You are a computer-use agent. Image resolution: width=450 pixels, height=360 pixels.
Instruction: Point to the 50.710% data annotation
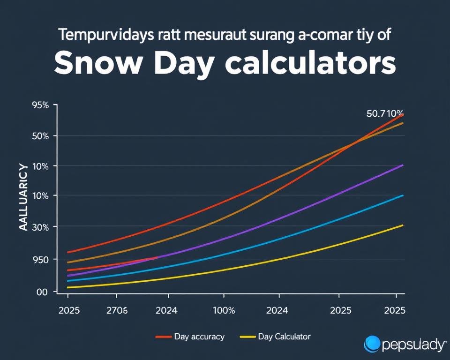(x=384, y=113)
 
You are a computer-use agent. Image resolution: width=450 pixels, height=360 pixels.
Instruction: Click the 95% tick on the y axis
(x=40, y=105)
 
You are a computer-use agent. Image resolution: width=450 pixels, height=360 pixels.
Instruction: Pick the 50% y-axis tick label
(x=40, y=136)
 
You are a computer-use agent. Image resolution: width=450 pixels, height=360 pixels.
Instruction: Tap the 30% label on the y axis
(x=40, y=227)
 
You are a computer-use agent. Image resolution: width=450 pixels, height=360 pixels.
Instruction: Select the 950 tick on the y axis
(x=40, y=259)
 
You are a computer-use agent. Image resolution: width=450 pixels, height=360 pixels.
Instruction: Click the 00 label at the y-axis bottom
(x=42, y=292)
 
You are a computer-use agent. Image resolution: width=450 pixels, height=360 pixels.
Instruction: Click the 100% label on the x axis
(x=224, y=310)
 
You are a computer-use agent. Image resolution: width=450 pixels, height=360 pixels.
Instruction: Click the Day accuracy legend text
(x=199, y=337)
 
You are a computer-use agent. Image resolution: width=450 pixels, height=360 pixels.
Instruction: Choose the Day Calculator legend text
(x=284, y=337)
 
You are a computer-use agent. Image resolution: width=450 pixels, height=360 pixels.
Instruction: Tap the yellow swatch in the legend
(x=247, y=337)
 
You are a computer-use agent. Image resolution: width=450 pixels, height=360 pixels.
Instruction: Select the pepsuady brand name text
(x=413, y=345)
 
